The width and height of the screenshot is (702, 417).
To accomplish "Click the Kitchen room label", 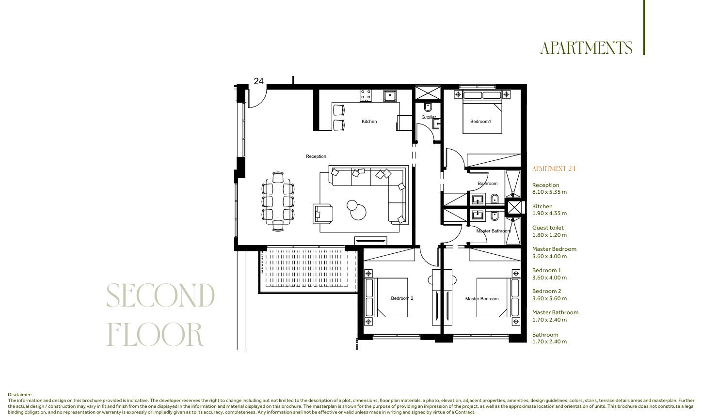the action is (369, 122).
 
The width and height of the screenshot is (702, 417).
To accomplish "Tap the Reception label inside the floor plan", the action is (316, 156).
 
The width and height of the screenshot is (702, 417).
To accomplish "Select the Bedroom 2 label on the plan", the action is (402, 298).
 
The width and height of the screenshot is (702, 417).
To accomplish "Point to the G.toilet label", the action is (429, 117).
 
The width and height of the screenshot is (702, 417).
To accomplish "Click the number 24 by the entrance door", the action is (258, 81).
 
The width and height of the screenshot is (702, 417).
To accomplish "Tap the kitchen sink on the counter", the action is (390, 95).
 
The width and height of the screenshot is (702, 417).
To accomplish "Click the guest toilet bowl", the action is (428, 107).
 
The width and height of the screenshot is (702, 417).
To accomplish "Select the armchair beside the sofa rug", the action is (323, 214).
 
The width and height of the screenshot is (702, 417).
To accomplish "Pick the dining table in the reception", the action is (278, 201).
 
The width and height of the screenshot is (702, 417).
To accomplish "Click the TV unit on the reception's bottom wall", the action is (371, 241).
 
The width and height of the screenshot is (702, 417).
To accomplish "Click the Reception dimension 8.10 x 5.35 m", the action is (549, 192).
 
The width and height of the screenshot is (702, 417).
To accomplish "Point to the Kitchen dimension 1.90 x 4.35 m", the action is (549, 213).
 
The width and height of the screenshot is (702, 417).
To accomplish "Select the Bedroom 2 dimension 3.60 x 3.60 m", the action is (549, 298).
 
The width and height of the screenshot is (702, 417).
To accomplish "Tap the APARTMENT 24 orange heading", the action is (554, 169).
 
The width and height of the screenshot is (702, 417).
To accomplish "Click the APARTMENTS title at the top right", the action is (586, 48).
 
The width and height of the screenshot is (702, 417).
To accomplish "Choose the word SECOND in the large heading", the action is (160, 295).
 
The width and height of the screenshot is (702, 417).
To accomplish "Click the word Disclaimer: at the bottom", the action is (20, 395).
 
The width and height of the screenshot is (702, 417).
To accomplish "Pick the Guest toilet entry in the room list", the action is (548, 228).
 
